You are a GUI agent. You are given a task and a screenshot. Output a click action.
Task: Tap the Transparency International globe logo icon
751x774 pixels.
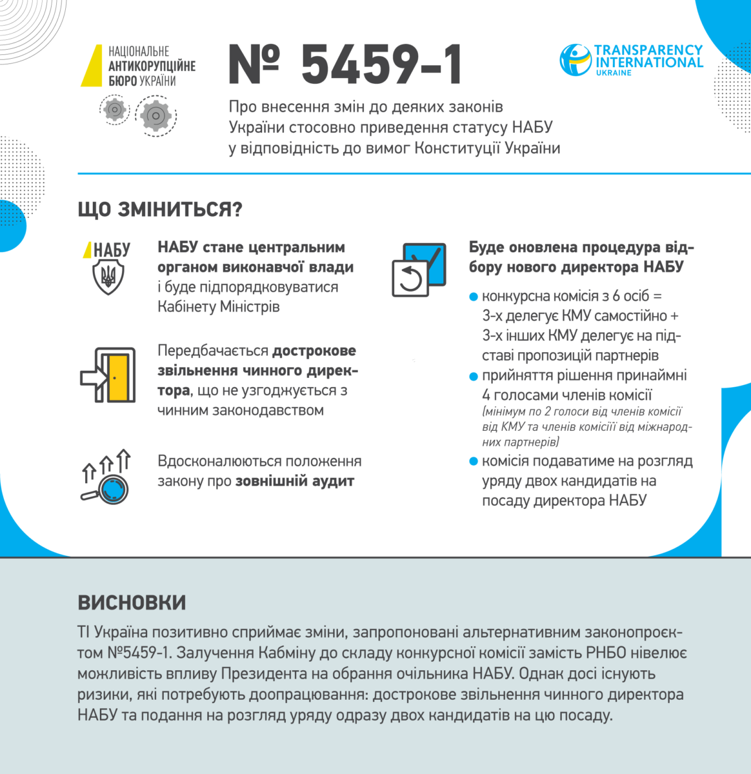coord(576,60)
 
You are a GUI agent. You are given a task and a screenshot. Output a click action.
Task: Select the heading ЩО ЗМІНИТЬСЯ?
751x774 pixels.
coord(160,210)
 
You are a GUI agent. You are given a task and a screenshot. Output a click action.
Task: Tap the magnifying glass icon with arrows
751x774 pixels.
coord(107,477)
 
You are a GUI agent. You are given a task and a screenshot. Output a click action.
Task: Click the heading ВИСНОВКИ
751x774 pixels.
coord(132,602)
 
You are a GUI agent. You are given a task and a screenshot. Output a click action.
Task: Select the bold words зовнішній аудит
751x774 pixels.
coord(295,481)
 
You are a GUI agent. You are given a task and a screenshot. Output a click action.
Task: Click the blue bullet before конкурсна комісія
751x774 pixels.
coord(474,297)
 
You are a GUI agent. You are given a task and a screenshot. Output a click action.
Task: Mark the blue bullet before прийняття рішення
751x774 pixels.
coord(474,376)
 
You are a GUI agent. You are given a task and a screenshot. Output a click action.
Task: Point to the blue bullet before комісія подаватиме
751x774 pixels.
coord(474,462)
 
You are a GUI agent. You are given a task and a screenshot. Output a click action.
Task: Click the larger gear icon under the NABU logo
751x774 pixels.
coord(155,116)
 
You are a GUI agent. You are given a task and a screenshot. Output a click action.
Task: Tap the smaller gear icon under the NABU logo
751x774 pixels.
coord(115,109)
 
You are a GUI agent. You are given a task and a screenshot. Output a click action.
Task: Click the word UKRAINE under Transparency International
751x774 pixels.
coord(614,73)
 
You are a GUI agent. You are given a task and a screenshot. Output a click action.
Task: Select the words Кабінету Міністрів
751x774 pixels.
coord(219,306)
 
